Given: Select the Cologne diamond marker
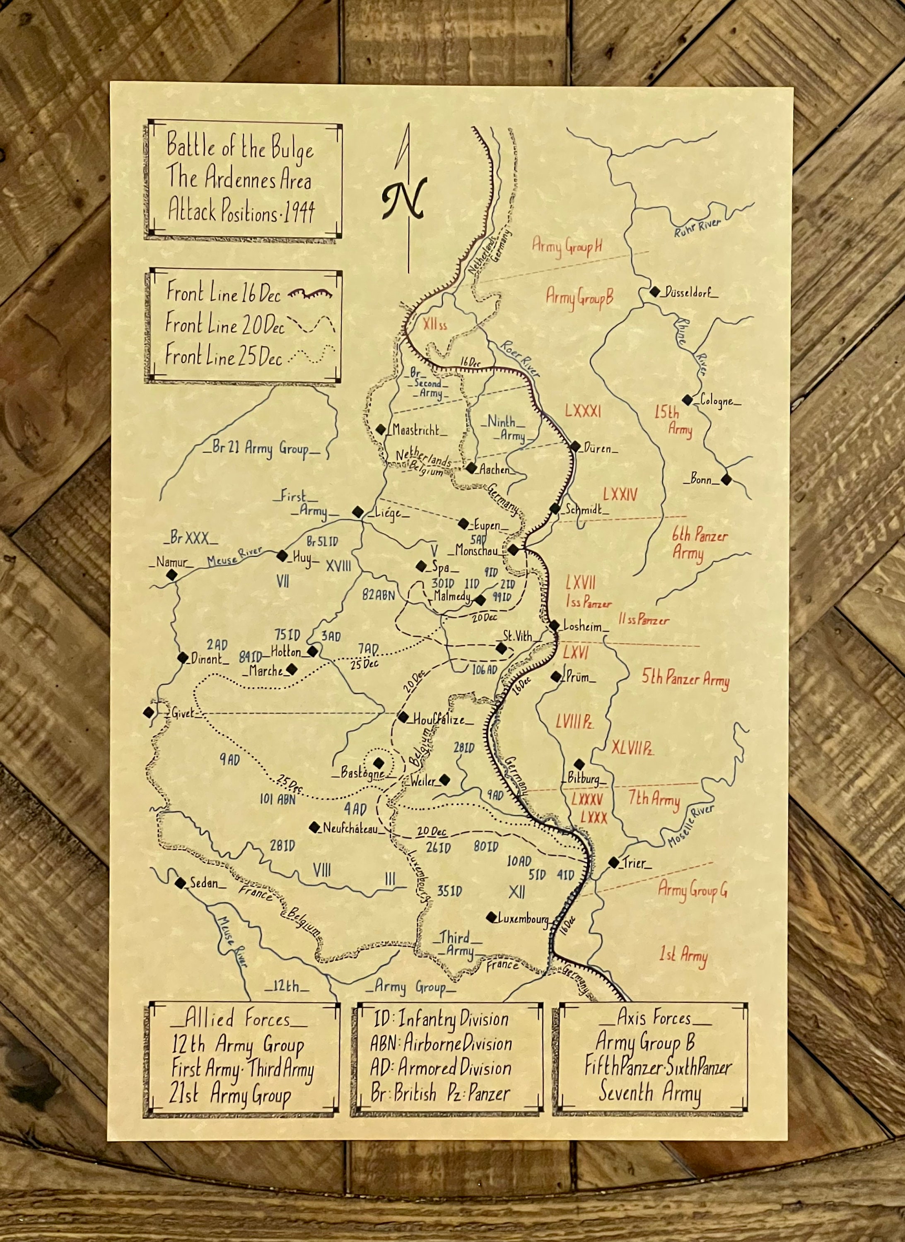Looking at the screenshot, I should [x=688, y=400].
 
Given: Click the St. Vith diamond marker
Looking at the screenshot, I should [x=501, y=648].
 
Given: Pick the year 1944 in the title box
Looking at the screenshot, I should [x=300, y=212].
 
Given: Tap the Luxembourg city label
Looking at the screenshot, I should [x=523, y=919].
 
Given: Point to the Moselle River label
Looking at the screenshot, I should [x=691, y=826].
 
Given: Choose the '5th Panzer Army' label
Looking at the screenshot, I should [x=685, y=680].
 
